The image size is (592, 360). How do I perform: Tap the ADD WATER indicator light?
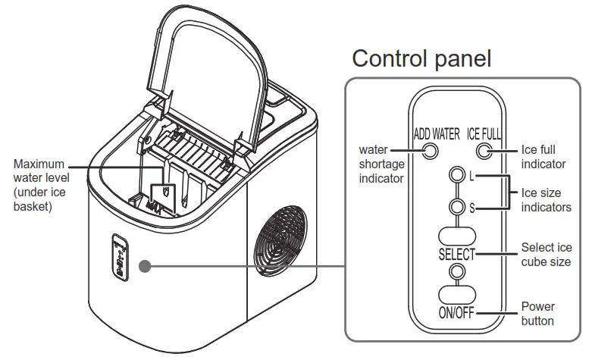pyautogui.click(x=430, y=152)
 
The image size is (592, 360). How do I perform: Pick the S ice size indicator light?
pyautogui.click(x=456, y=206)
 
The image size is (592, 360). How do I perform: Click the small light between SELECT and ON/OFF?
pyautogui.click(x=456, y=271)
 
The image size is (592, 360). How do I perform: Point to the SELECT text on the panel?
pyautogui.click(x=456, y=254)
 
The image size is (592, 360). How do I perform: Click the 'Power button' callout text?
pyautogui.click(x=537, y=314)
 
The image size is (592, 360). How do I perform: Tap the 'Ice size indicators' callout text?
pyautogui.click(x=546, y=200)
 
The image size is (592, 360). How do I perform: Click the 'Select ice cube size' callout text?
pyautogui.click(x=546, y=255)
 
